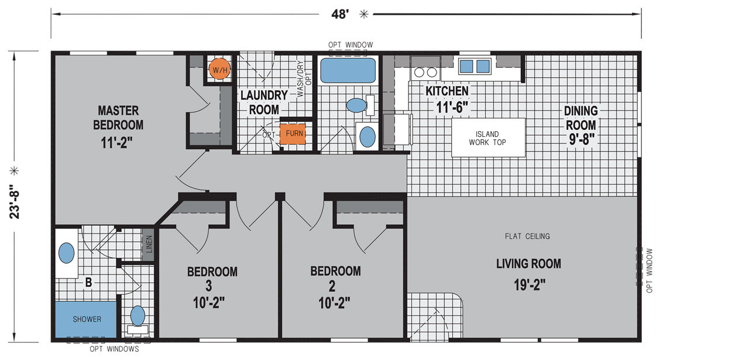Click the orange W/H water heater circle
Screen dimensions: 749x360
(219, 69)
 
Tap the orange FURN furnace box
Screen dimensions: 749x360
(293, 134)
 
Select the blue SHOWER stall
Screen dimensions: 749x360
(86, 320)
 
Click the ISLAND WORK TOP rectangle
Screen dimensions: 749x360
(488, 138)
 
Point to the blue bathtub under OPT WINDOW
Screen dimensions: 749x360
(348, 70)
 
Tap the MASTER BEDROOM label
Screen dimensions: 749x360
(118, 118)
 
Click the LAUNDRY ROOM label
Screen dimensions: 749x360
(264, 102)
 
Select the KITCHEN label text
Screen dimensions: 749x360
(447, 91)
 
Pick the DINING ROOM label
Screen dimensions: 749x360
(581, 118)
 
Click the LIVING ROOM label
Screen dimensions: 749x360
(528, 263)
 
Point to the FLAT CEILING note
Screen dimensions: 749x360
(527, 236)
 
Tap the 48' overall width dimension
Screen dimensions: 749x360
(340, 14)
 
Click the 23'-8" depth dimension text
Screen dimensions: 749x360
(15, 202)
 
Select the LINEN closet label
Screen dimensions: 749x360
(149, 244)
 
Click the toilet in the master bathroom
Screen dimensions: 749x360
(138, 320)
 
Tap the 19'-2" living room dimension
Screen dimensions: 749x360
(530, 285)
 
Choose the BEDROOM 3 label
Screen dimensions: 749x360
(212, 279)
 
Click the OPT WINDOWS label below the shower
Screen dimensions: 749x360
(114, 349)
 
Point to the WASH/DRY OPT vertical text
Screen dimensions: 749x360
(304, 79)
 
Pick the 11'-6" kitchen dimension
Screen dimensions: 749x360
(452, 107)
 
